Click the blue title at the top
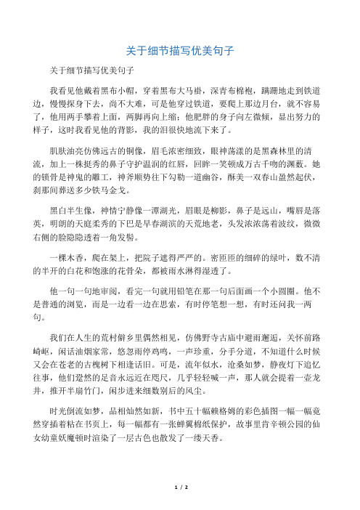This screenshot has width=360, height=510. tap(179, 52)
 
